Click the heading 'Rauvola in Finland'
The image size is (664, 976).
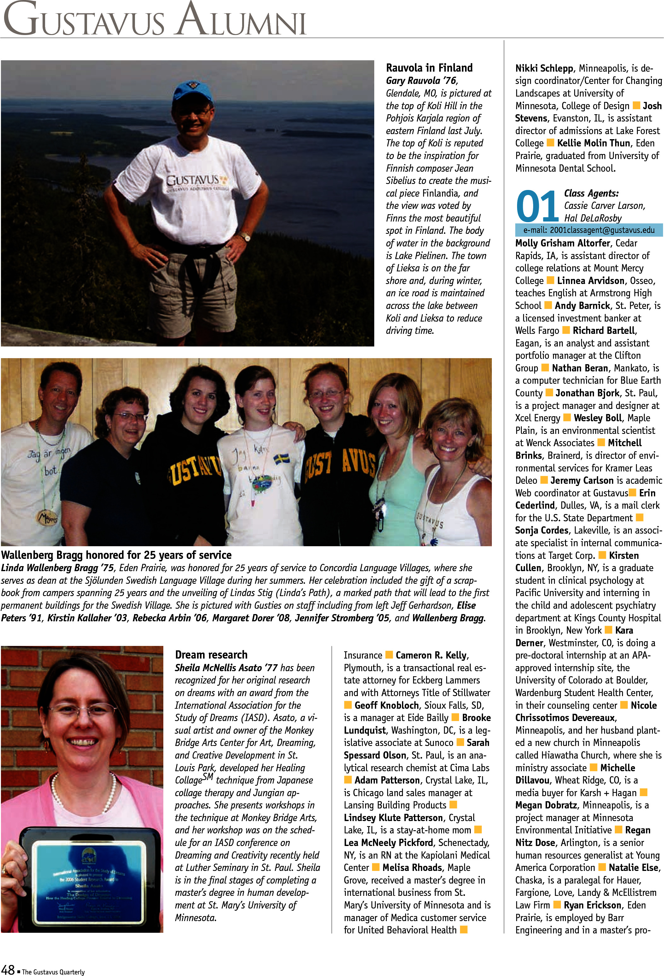(x=429, y=68)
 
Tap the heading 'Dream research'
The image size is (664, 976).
(x=211, y=655)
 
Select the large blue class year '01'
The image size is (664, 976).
(x=537, y=207)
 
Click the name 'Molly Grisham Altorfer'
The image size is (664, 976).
(x=562, y=243)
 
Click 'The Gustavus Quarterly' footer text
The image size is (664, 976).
(x=53, y=971)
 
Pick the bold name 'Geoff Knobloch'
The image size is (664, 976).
(x=387, y=705)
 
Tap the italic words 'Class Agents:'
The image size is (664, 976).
(x=591, y=193)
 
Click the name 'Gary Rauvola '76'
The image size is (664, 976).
(x=422, y=81)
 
